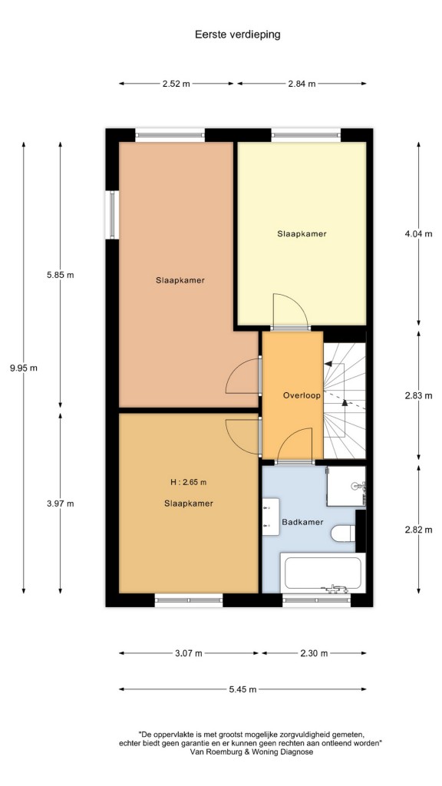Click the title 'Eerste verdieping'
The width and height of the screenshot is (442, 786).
coord(237,35)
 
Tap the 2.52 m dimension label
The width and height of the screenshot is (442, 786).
coord(176,84)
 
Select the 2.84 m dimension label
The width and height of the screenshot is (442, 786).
coord(302,84)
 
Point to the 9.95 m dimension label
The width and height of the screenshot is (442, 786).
coord(24,368)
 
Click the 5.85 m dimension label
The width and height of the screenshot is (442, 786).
coord(60,275)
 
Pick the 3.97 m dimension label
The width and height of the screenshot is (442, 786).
coord(60,504)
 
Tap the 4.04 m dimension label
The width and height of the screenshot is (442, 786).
coord(418,233)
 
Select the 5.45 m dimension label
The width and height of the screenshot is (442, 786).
coord(242,689)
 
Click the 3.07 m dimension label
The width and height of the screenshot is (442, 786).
coord(189,653)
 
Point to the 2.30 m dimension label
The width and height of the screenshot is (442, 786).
coord(314,653)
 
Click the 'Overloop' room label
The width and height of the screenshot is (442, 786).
coord(302,395)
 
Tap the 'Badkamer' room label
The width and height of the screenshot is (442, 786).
coord(302,522)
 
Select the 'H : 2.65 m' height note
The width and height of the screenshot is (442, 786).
coord(189,482)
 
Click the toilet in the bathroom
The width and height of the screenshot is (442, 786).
coord(343,533)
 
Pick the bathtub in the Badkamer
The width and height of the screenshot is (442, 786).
coord(322,573)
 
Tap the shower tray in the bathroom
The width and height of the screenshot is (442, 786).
coord(346,486)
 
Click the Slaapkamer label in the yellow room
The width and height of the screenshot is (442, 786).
coord(302,233)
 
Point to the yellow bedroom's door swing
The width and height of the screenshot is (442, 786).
coord(291,312)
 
